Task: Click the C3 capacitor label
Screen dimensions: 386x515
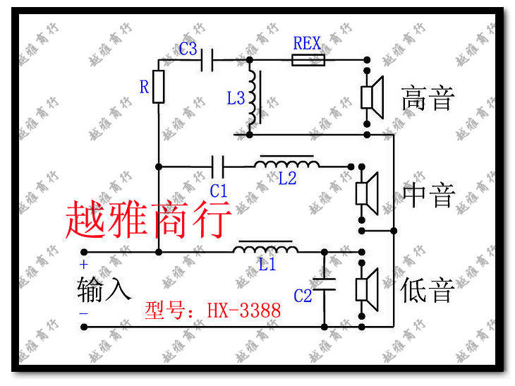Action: point(188,49)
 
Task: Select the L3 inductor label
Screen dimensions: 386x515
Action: point(236,98)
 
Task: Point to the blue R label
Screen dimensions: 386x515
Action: point(144,87)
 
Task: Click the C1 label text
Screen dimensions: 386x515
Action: point(219,190)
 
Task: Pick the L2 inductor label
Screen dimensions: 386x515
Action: point(287,179)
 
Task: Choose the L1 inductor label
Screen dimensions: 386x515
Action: point(267,265)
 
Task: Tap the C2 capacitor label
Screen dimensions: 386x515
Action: point(303,296)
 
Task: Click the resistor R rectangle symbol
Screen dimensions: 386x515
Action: point(158,87)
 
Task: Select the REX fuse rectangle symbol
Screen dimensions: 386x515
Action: point(308,61)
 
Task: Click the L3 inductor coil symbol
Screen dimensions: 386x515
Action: point(253,97)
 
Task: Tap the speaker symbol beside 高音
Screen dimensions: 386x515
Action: point(371,97)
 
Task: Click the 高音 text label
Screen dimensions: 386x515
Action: point(428,97)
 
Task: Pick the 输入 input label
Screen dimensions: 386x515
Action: point(104,289)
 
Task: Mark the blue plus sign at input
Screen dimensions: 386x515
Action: point(83,265)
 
